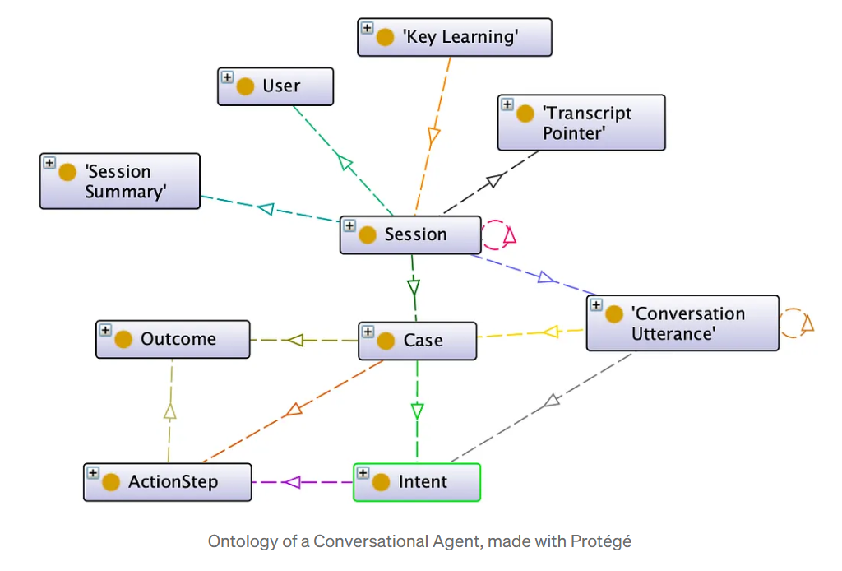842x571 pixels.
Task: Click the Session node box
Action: [410, 235]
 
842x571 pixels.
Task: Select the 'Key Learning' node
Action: [454, 37]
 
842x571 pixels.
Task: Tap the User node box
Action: [275, 86]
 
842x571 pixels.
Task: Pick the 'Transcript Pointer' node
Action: [581, 123]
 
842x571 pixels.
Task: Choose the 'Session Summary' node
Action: [120, 181]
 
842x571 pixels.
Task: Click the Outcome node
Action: [173, 340]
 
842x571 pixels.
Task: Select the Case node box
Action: [418, 341]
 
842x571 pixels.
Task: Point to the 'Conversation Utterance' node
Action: [682, 323]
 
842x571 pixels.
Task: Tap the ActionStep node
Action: [167, 482]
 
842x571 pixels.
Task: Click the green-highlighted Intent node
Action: [416, 482]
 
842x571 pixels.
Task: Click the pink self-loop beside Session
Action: [497, 234]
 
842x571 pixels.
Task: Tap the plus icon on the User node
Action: [227, 77]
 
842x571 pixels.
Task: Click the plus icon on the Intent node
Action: [363, 473]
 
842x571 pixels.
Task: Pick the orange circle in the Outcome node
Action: [123, 340]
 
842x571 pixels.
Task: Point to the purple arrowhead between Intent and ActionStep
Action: [292, 482]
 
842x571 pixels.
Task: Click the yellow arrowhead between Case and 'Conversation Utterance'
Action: [550, 332]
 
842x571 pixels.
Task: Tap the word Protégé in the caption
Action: [602, 541]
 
